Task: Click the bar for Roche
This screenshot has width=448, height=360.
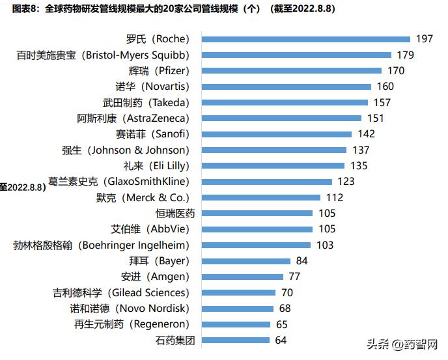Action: pos(306,39)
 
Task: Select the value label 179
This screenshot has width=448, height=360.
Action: pos(406,55)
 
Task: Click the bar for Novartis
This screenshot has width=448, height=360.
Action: pos(287,87)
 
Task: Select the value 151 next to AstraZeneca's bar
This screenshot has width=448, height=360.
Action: pos(376,118)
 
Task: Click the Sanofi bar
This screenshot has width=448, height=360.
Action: pos(277,134)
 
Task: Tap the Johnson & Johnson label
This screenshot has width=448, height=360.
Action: pos(125,150)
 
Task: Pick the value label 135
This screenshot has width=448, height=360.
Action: pos(359,165)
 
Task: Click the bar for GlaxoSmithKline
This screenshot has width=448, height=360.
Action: pos(267,182)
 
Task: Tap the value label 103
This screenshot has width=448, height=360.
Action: pos(324,245)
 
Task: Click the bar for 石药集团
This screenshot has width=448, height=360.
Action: pos(236,340)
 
